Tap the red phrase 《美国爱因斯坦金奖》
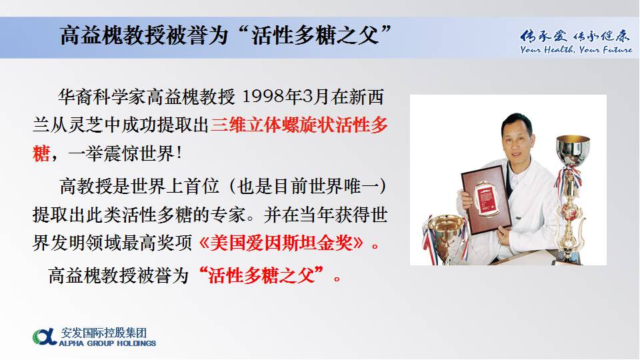tap(281, 243)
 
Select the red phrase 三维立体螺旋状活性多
tap(299, 125)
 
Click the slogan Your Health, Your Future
tap(576, 50)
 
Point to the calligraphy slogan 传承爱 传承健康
tap(575, 36)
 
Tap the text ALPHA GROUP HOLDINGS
tap(107, 343)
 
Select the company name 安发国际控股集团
tap(104, 333)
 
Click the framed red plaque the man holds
tap(486, 199)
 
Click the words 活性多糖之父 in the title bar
tap(315, 35)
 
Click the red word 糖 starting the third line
tap(41, 154)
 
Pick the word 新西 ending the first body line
tap(366, 97)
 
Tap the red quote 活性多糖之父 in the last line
tap(261, 275)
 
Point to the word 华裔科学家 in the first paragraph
tap(102, 97)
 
